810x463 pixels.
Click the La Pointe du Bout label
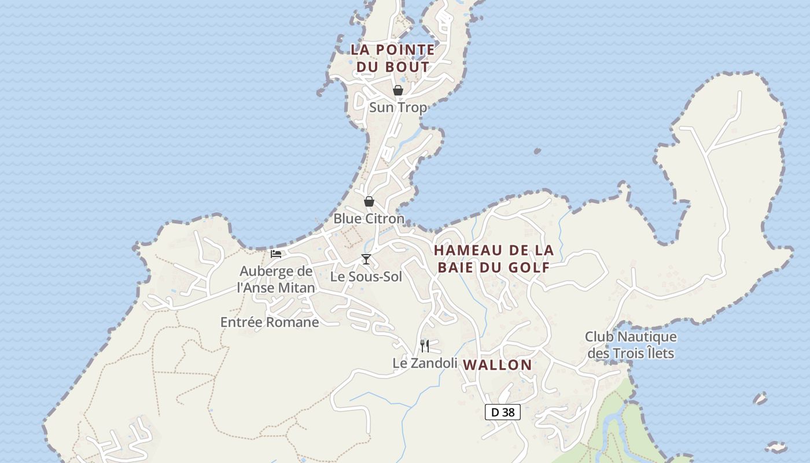click(x=393, y=58)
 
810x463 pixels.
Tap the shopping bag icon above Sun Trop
click(x=398, y=90)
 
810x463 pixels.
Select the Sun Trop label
click(x=398, y=108)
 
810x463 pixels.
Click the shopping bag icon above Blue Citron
click(x=369, y=201)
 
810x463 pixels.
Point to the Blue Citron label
click(x=369, y=219)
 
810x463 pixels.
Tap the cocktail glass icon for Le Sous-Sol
click(x=366, y=259)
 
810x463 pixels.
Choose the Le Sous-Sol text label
click(x=366, y=277)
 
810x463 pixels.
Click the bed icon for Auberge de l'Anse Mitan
click(x=276, y=253)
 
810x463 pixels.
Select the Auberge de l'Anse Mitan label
click(x=277, y=279)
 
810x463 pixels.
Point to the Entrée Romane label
click(x=270, y=322)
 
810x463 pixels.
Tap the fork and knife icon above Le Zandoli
click(x=425, y=346)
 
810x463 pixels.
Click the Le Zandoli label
click(x=425, y=363)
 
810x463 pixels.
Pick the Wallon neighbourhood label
click(x=498, y=365)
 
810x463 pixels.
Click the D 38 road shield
click(x=503, y=412)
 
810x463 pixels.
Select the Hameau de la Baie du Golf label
click(x=494, y=259)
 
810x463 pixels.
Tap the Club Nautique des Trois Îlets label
click(x=631, y=344)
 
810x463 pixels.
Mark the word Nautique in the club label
click(x=647, y=337)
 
